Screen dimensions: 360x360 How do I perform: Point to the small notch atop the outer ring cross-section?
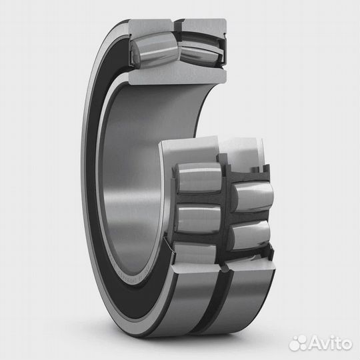[179, 25]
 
